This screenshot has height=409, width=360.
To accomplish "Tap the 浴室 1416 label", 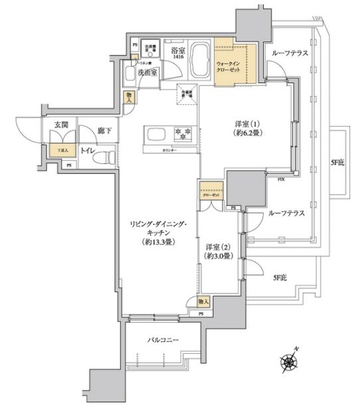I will pos(177,52).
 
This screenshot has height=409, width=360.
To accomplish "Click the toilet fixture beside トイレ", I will pos(106,154).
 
